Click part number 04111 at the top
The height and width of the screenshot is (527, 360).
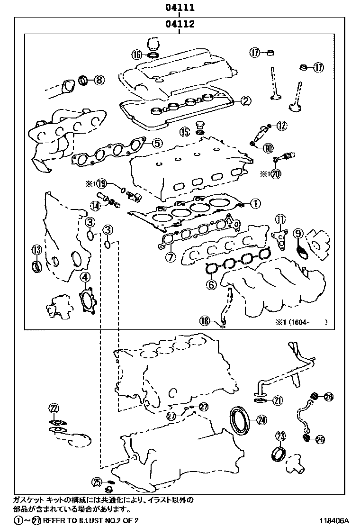pos(180,8)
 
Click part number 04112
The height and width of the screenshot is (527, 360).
pos(180,24)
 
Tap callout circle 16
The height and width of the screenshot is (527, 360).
pos(137,55)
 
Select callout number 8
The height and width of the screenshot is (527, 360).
pos(99,80)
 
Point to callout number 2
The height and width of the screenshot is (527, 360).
pos(245,100)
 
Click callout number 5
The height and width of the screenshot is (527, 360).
pos(157,142)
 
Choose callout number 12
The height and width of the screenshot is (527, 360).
pos(282,125)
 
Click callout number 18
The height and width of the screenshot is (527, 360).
pos(204,321)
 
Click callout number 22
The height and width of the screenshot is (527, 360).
pos(54,408)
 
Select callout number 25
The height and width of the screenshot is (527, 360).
pos(97,482)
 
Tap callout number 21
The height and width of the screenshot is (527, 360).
pos(278,400)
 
